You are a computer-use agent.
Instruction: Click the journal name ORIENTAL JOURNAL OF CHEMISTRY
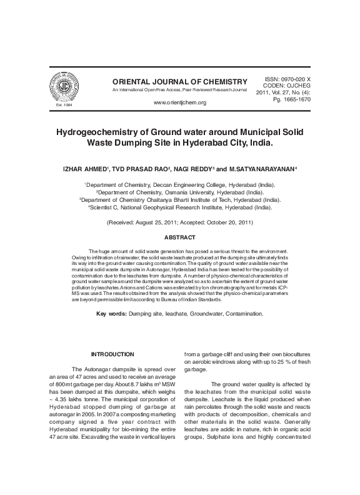click(x=179, y=82)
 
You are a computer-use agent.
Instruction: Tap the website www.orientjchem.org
click(x=179, y=102)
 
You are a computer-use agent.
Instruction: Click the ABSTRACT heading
click(x=179, y=237)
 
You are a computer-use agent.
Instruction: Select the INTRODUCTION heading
click(x=112, y=354)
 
